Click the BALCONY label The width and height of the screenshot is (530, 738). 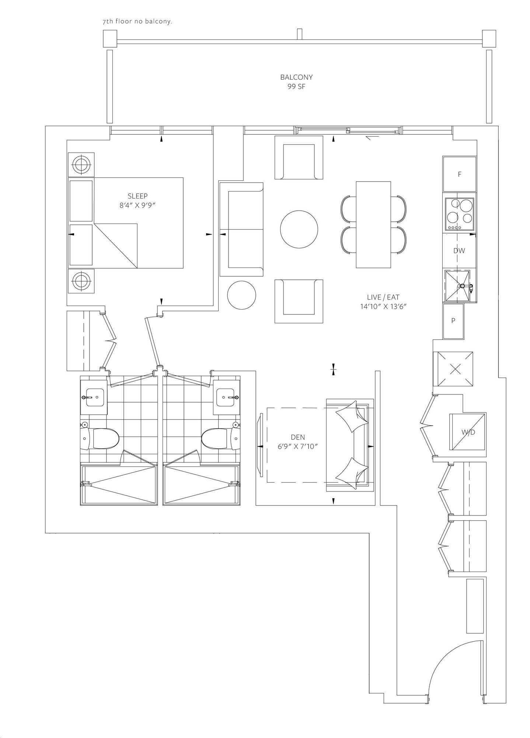point(296,77)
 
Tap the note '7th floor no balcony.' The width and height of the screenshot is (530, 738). point(137,21)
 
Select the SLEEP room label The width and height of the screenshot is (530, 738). point(137,196)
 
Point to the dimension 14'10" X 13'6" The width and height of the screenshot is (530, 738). point(383,306)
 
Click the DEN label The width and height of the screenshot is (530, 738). point(298,437)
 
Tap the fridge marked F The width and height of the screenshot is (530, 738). point(460,174)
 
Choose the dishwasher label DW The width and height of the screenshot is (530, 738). point(459,251)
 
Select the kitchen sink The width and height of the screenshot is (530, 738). point(458,286)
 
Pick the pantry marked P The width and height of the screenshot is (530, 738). point(453,321)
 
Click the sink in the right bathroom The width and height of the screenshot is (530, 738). point(226,397)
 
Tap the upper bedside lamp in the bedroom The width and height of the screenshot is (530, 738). point(81,164)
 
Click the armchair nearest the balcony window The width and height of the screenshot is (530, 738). point(299,157)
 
